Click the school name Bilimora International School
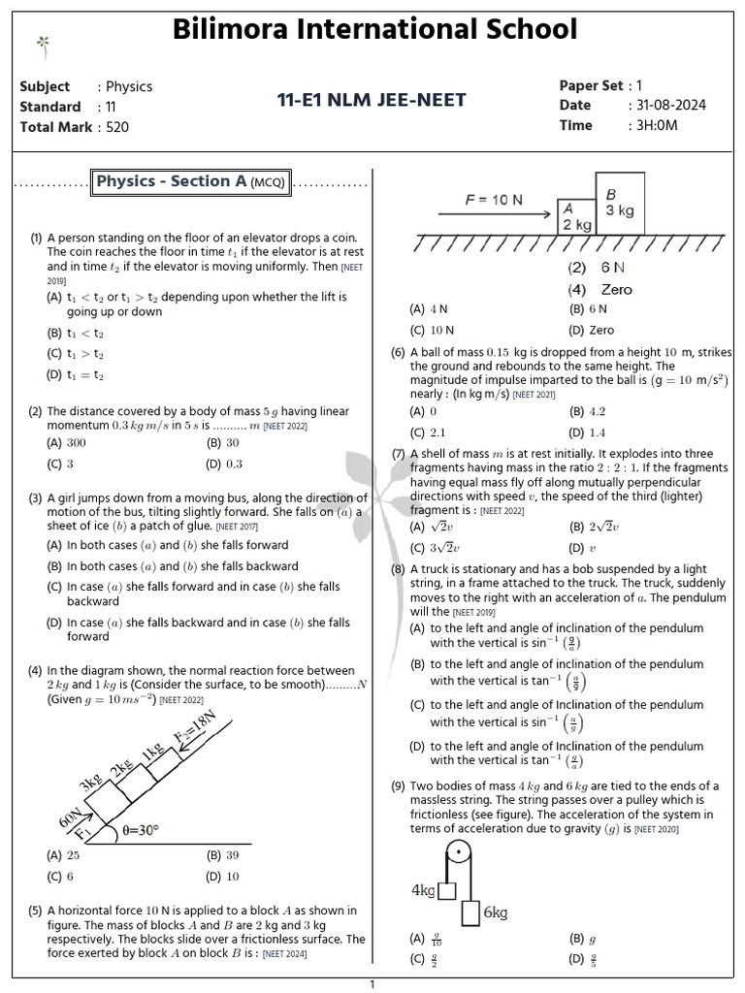(x=374, y=29)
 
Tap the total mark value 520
(x=116, y=127)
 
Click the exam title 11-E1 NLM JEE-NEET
(x=372, y=100)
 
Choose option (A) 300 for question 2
(x=67, y=442)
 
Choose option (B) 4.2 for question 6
(x=588, y=411)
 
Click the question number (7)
(x=398, y=453)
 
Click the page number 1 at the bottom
(x=372, y=984)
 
